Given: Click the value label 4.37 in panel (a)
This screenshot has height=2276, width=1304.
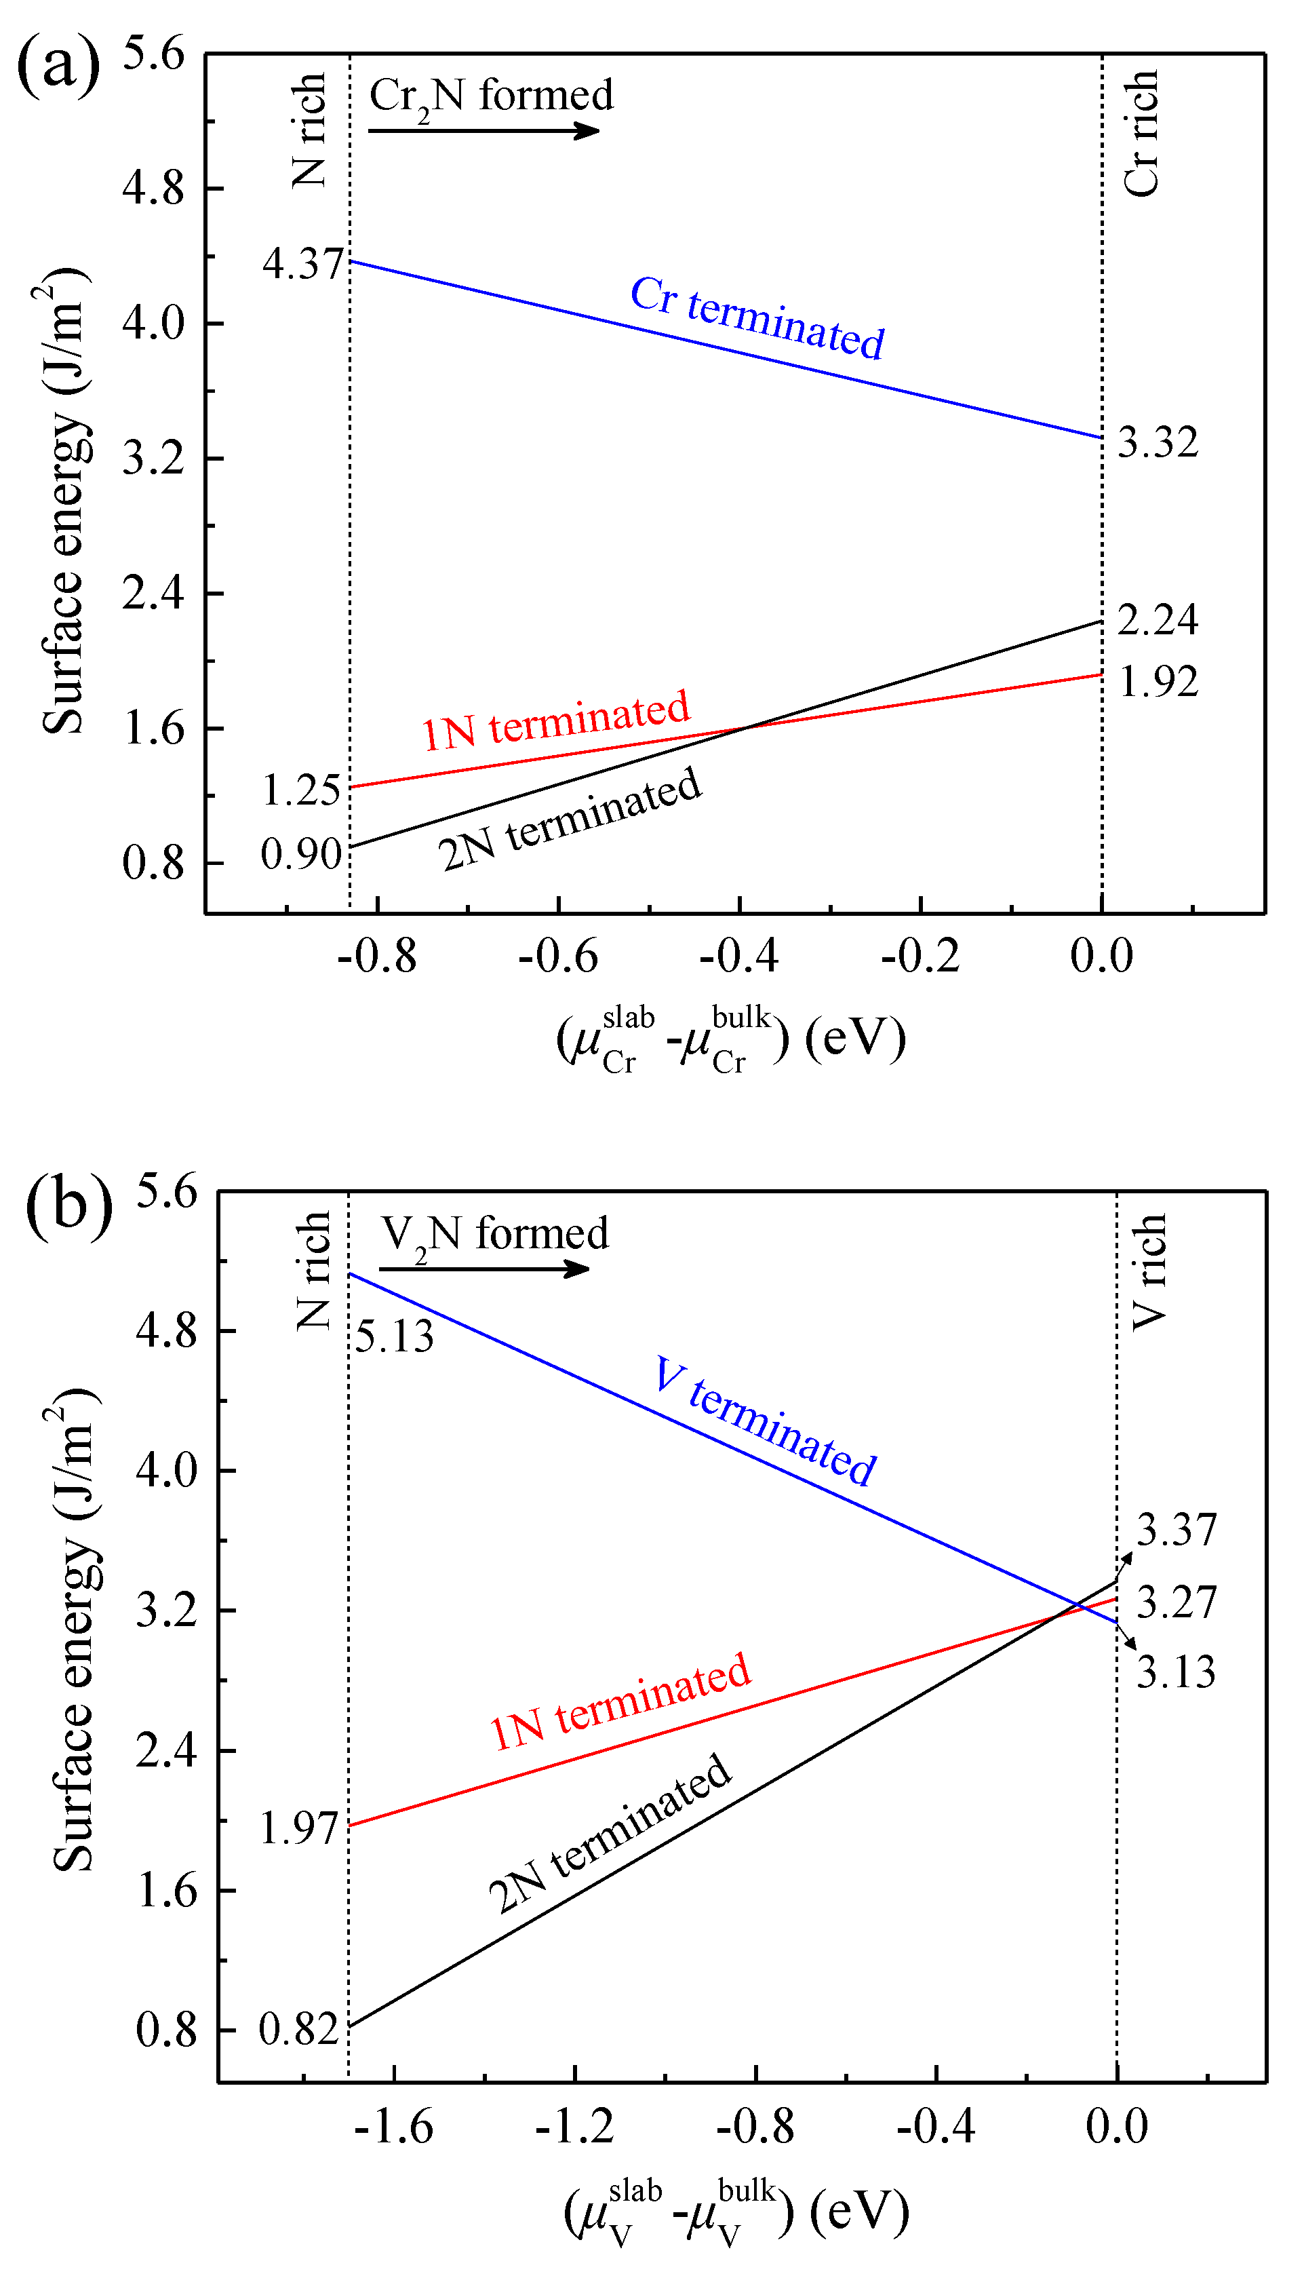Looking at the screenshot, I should coord(302,263).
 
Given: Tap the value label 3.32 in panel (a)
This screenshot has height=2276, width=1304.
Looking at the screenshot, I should coord(1157,442).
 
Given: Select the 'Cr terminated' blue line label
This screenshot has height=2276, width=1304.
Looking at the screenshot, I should coord(757,318).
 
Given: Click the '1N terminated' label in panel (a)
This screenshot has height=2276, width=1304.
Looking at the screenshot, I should coord(556,720).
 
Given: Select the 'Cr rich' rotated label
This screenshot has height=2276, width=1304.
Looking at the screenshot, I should coord(1142,132).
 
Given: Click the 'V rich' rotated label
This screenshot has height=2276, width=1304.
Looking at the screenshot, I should coord(1149,1272).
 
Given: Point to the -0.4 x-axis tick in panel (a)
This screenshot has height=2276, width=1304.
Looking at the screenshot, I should coord(739,957).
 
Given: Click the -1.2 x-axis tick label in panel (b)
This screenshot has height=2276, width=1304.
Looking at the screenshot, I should coord(574,2127).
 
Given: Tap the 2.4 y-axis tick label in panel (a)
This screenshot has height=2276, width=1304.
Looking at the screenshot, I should coord(153,593).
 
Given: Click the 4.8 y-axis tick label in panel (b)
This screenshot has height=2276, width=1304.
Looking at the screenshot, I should coord(167,1331).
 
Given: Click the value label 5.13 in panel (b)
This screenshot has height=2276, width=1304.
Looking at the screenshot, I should coord(394,1337).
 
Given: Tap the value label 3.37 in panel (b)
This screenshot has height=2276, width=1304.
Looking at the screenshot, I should coord(1176,1529).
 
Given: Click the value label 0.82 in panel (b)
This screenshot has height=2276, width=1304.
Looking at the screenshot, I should coord(298,2030).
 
